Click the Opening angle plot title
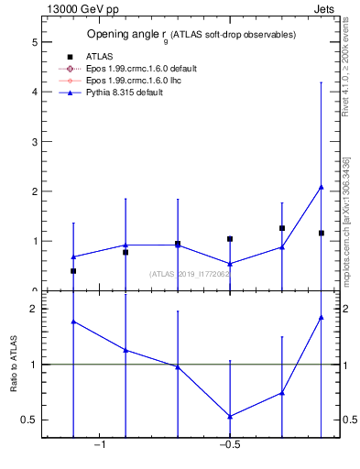(x=191, y=35)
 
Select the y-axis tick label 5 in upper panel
(x=34, y=42)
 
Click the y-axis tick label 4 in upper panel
(x=34, y=92)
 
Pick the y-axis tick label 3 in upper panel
(x=34, y=142)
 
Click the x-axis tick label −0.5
(x=229, y=446)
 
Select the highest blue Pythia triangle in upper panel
(x=321, y=187)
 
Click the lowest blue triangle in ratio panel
(x=230, y=416)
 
